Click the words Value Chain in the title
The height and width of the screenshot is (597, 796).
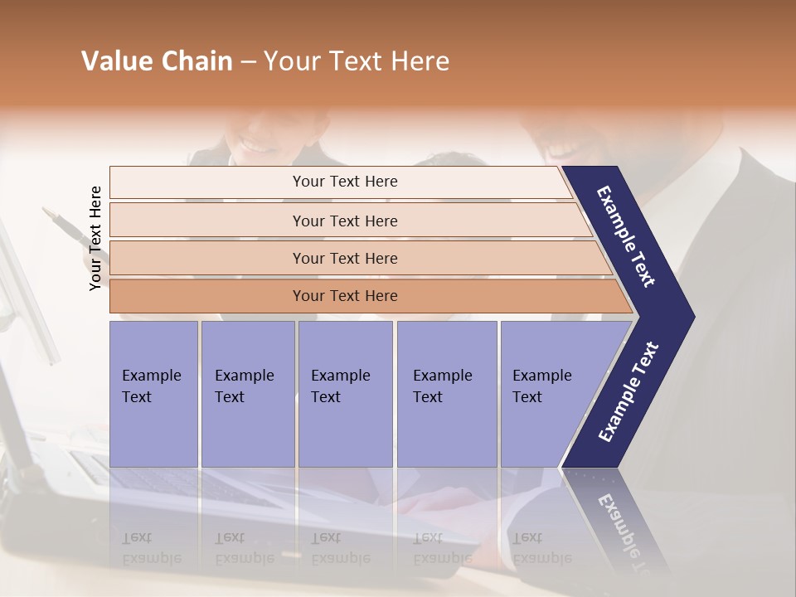click(x=157, y=61)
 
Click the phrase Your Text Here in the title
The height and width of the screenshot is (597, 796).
click(x=357, y=61)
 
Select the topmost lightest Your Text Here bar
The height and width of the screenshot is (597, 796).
click(x=344, y=182)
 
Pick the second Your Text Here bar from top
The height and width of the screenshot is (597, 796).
click(x=344, y=221)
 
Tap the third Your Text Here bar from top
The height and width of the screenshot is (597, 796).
click(x=344, y=258)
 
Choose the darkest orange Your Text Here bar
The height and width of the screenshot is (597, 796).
click(x=344, y=296)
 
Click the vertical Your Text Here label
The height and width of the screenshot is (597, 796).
click(x=95, y=238)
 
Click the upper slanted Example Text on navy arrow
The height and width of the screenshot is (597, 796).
click(x=626, y=236)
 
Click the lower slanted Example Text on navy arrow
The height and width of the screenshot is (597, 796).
click(x=628, y=391)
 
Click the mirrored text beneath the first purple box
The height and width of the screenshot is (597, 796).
click(x=152, y=548)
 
